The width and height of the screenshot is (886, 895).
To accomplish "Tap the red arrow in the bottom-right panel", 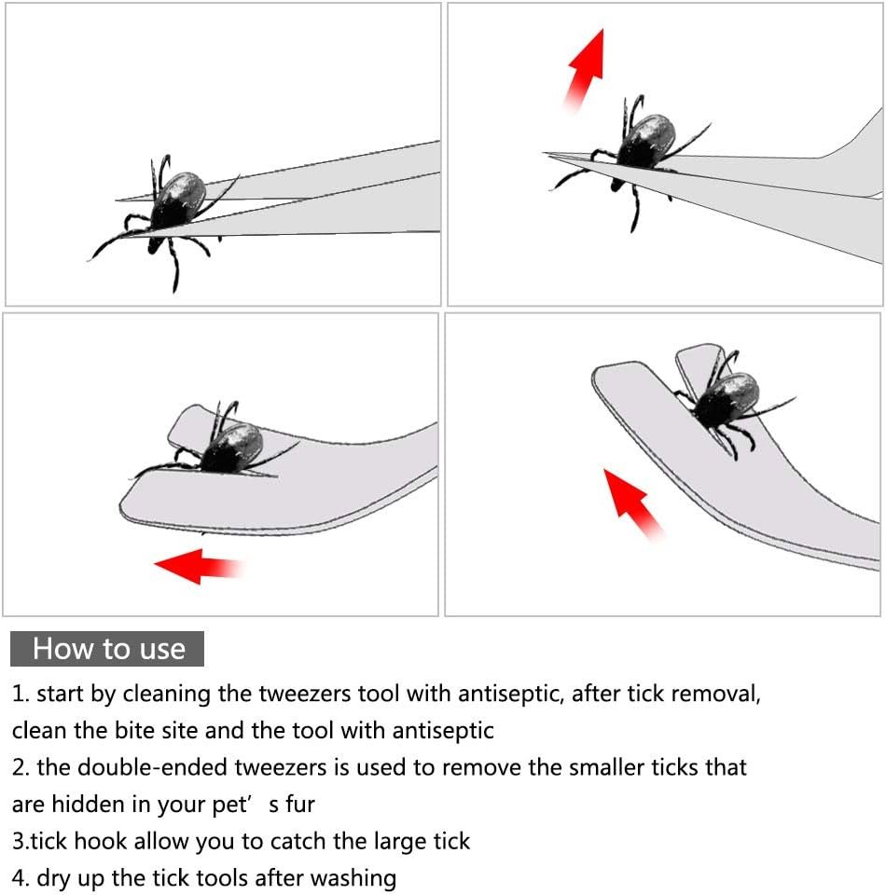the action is click(x=633, y=503).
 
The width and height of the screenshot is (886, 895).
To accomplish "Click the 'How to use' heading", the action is click(x=108, y=649).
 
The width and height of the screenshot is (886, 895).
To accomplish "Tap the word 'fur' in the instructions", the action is click(x=300, y=805).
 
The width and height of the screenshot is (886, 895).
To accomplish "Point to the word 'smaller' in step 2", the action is click(x=608, y=767).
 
